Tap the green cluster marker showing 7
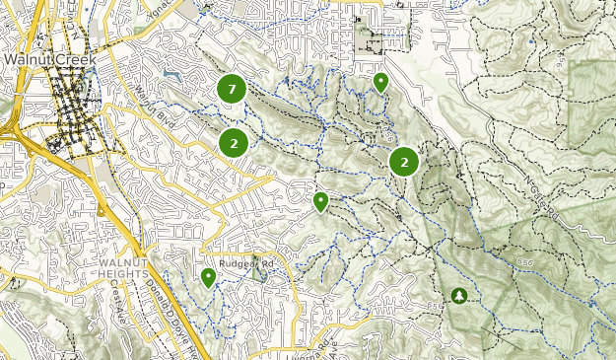tap(232, 90)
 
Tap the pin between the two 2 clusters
tap(320, 202)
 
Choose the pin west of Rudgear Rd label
tap(208, 278)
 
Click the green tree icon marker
tap(458, 295)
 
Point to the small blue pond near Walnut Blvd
tap(173, 74)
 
